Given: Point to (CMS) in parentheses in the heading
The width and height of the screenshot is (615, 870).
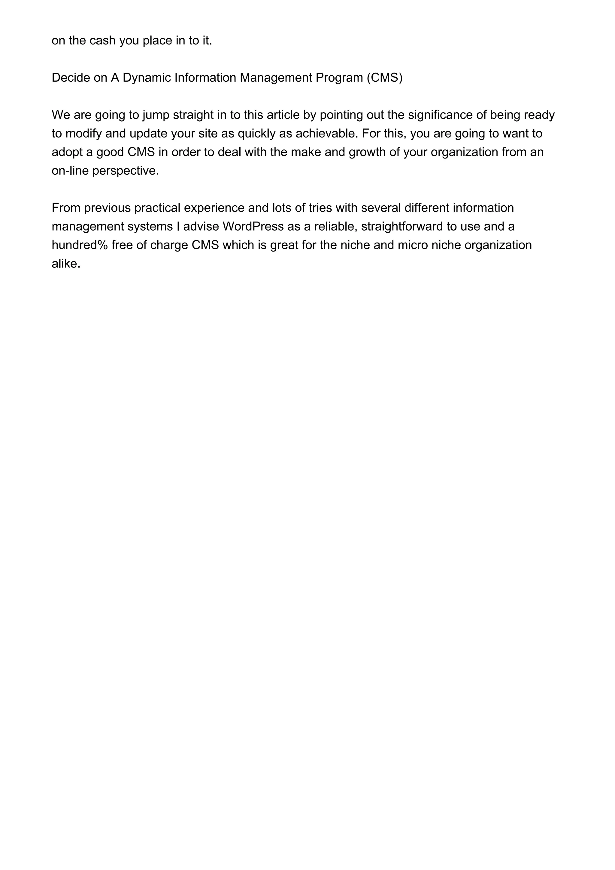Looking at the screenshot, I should click(384, 78).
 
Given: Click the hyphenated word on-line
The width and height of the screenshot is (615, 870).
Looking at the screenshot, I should click(70, 171).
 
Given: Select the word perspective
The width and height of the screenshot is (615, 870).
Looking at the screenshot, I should click(126, 171).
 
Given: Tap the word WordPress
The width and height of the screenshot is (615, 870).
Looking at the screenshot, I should click(253, 227).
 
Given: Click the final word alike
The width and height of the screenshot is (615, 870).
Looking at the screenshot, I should click(66, 264).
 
